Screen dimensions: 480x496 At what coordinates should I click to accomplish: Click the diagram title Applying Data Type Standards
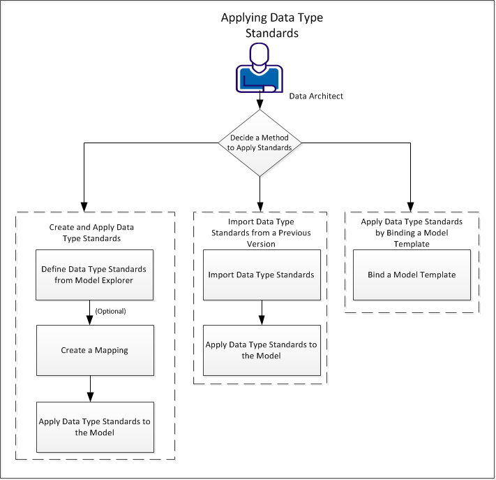(262, 25)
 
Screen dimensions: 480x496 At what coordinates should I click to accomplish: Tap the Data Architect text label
(316, 96)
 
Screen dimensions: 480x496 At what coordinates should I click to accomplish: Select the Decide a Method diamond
(260, 143)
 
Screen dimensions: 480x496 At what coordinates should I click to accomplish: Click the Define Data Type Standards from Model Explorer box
(94, 275)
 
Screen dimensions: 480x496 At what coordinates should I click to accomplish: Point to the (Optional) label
(110, 311)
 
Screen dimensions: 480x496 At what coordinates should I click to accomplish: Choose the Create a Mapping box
(94, 350)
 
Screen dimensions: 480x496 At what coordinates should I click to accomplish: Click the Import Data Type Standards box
(261, 275)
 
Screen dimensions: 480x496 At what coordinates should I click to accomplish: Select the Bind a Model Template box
(412, 275)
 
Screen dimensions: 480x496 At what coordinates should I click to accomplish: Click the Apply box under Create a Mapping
(94, 426)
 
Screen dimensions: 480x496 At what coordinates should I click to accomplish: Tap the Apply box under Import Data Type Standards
(261, 350)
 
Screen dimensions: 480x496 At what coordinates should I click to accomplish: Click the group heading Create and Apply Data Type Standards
(91, 233)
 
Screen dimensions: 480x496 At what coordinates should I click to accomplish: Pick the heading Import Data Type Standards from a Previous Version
(260, 233)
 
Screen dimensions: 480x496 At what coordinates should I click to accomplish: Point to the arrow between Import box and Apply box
(261, 312)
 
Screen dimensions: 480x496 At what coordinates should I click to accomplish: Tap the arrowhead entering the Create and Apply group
(84, 207)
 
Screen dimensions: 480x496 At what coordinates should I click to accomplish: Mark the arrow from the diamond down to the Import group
(260, 193)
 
